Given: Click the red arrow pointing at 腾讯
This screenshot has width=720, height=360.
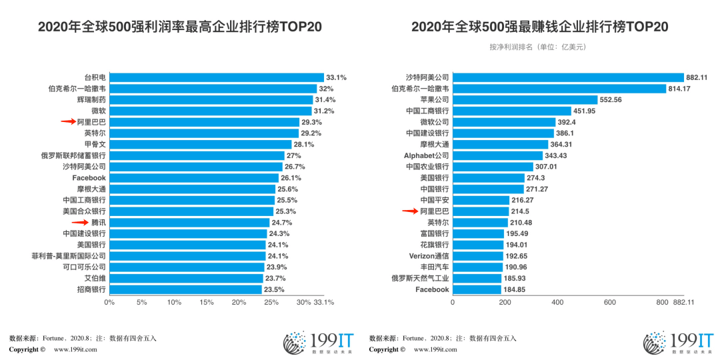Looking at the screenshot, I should click(80, 223).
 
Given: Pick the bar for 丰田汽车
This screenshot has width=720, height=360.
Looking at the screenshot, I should click(477, 267).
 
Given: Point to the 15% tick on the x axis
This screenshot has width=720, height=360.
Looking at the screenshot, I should click(207, 303).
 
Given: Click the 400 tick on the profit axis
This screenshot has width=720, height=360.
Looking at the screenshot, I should click(557, 303).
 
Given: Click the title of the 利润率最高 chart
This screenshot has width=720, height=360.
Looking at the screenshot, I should click(180, 27).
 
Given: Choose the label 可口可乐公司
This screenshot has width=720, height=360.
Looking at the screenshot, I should click(85, 267).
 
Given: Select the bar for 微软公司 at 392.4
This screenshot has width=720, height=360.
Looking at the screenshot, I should click(504, 122).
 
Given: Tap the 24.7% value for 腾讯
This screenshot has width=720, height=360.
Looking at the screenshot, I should click(281, 223).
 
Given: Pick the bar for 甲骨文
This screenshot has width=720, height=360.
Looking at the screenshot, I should click(200, 144).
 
